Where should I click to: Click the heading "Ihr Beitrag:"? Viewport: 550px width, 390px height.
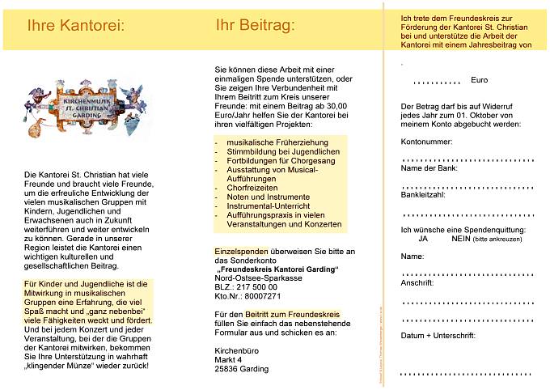[x=256, y=25]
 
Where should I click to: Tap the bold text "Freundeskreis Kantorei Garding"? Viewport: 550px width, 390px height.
[x=277, y=269]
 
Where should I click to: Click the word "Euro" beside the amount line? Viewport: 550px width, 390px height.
[x=480, y=80]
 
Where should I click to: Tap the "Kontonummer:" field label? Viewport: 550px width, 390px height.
[x=426, y=142]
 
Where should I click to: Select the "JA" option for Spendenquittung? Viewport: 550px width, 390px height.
[x=423, y=240]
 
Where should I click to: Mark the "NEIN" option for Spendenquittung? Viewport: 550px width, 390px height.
[x=461, y=240]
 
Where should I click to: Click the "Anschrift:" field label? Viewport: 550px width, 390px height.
[x=418, y=284]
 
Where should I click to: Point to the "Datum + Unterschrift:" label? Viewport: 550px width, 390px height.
[x=438, y=334]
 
